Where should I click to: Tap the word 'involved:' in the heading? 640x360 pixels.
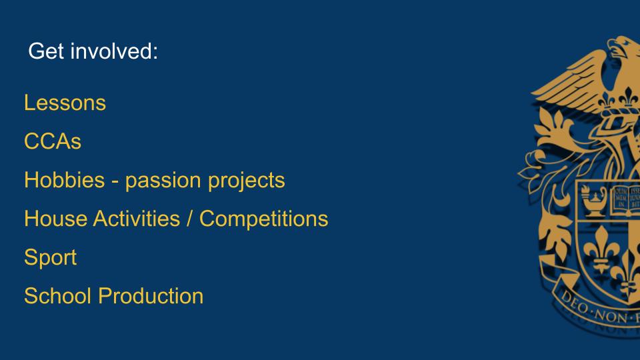(x=114, y=51)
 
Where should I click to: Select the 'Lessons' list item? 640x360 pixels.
(x=65, y=103)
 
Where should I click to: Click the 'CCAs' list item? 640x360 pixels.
(x=53, y=141)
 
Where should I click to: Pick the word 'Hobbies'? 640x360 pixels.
(x=65, y=180)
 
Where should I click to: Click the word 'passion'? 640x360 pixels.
(x=163, y=181)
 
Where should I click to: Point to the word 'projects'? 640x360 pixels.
(x=247, y=181)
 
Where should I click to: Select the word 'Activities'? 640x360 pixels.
(x=137, y=219)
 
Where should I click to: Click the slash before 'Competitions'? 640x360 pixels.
(x=189, y=219)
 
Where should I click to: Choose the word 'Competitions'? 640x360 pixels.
(x=264, y=219)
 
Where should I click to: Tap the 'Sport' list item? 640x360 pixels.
(x=51, y=257)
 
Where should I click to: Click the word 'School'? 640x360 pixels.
(x=57, y=296)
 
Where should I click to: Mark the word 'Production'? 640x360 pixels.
(x=151, y=296)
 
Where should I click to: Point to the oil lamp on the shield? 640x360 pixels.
(x=594, y=201)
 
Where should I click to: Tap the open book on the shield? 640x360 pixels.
(x=625, y=201)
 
